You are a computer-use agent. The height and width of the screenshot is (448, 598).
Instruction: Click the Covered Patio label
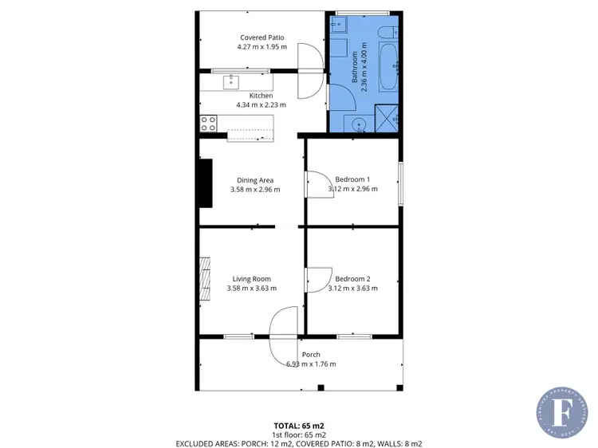262,37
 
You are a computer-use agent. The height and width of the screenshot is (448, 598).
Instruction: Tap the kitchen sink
232,81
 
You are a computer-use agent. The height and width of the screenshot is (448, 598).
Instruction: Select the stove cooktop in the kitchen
208,124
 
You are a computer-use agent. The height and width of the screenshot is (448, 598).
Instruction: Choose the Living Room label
251,279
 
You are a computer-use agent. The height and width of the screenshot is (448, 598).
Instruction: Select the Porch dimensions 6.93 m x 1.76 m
311,364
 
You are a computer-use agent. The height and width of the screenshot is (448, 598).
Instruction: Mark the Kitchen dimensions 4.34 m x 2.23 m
261,104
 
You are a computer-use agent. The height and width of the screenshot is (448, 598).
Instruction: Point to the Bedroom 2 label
352,279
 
